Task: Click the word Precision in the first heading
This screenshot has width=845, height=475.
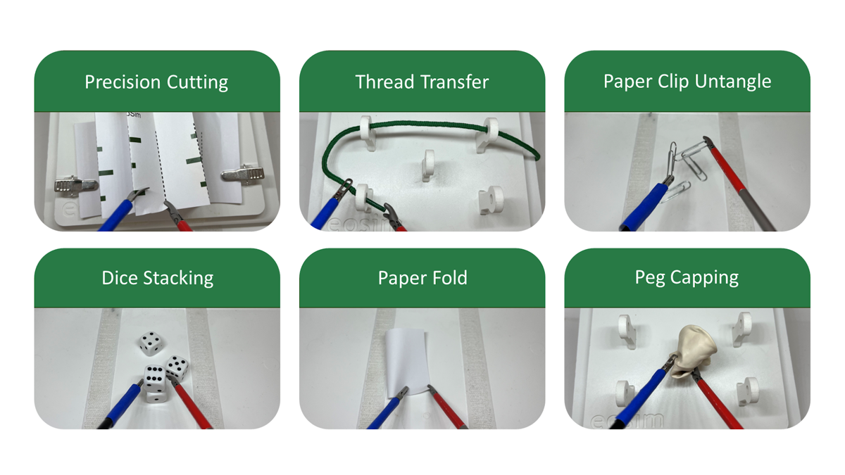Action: pyautogui.click(x=123, y=82)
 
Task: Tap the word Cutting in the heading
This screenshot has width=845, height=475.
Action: pyautogui.click(x=197, y=82)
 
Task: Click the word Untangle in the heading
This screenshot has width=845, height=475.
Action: pyautogui.click(x=733, y=82)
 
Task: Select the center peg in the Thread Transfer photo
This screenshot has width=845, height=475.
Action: pyautogui.click(x=428, y=165)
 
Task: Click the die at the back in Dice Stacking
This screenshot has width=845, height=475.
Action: pyautogui.click(x=151, y=343)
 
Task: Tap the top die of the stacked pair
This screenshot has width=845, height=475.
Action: pyautogui.click(x=155, y=378)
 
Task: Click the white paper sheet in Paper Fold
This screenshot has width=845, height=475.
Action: pyautogui.click(x=407, y=362)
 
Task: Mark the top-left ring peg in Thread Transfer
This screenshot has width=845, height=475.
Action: pyautogui.click(x=368, y=133)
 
